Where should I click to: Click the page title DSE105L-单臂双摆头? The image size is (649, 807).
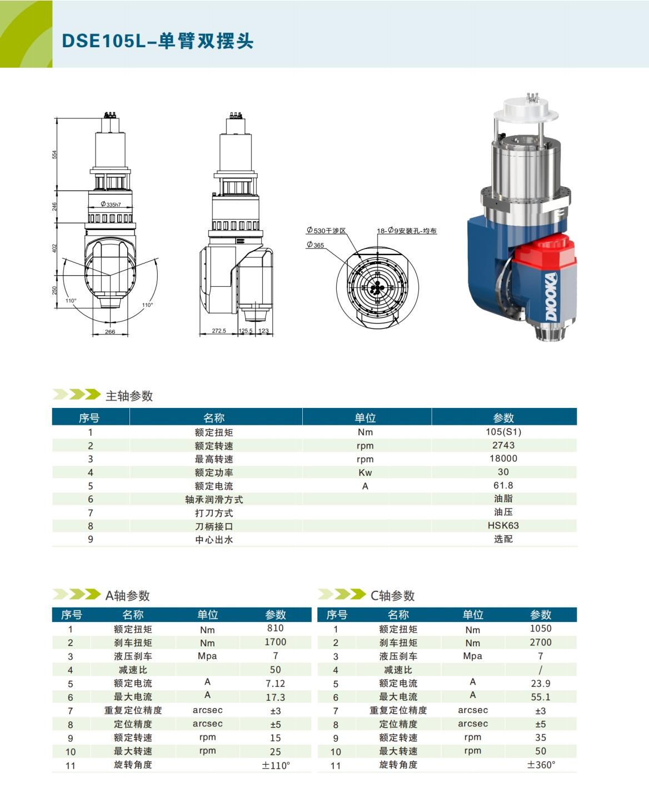[158, 41]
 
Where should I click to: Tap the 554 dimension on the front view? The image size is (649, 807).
[54, 155]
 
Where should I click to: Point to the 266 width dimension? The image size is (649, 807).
[110, 331]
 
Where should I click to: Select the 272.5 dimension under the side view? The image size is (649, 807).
[219, 331]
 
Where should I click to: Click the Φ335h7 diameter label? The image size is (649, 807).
[111, 205]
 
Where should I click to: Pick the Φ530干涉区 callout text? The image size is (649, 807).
[326, 230]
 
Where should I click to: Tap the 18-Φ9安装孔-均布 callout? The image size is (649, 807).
[407, 231]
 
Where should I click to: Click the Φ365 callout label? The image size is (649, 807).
[315, 245]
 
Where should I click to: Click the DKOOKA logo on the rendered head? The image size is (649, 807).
[551, 297]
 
